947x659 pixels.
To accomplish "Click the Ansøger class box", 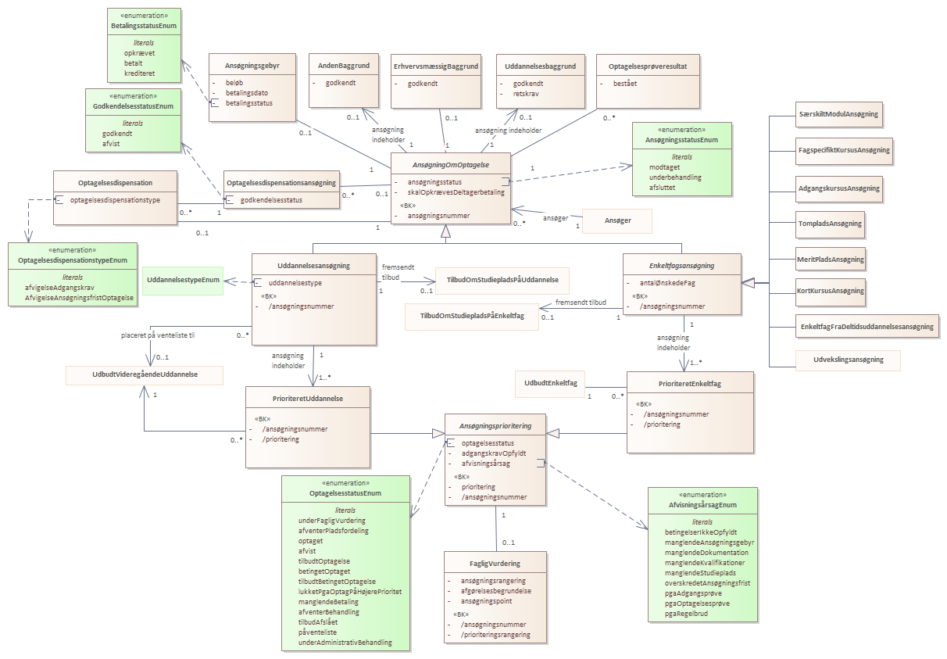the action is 616,220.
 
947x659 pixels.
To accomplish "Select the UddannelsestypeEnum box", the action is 183,281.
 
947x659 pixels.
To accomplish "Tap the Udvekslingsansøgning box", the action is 848,360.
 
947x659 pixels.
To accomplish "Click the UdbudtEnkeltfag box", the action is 550,384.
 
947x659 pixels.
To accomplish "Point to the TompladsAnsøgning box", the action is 830,224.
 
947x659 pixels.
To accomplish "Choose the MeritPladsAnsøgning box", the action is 831,260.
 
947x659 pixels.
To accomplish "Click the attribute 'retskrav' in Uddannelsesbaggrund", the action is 526,94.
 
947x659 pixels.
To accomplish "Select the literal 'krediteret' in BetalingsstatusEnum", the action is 140,73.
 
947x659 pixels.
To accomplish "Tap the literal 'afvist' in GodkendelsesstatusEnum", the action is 111,144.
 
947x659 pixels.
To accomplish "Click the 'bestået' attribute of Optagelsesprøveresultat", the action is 625,84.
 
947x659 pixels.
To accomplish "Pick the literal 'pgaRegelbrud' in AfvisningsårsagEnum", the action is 686,614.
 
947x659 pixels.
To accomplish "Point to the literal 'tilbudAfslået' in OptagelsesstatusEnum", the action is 318,622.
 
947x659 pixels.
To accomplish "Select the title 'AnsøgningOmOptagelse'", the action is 451,165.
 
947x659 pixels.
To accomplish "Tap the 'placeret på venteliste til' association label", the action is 158,335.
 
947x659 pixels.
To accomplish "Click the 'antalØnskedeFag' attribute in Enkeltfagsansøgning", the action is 667,283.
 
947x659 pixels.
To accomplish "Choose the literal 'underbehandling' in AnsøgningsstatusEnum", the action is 675,177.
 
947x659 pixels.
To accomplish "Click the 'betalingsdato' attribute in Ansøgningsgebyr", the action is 247,93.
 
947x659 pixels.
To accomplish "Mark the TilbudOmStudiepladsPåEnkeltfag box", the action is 472,317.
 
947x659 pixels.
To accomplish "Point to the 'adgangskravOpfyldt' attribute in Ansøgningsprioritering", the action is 494,453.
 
